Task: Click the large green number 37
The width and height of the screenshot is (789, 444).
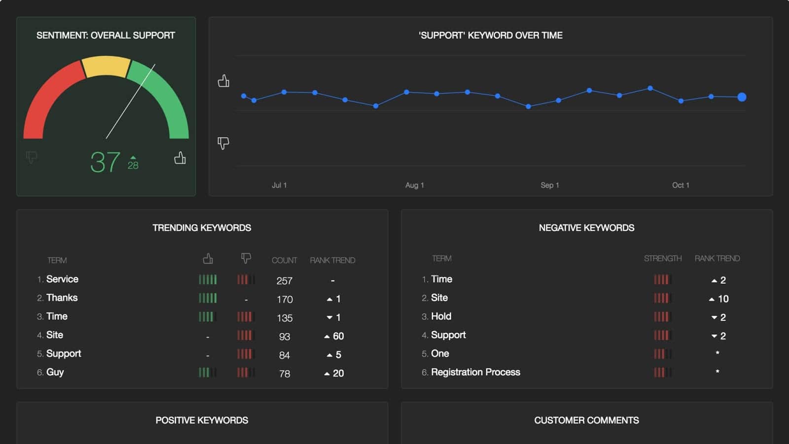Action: [x=105, y=162]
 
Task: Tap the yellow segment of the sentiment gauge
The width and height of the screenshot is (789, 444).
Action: [x=106, y=66]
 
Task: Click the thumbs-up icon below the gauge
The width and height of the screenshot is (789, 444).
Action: [x=180, y=158]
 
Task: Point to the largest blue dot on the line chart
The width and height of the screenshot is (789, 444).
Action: [x=742, y=97]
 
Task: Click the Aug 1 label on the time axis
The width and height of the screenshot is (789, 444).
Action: [x=415, y=185]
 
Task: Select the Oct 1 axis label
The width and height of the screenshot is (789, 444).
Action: [x=681, y=185]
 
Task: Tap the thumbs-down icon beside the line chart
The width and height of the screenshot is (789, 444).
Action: [x=223, y=143]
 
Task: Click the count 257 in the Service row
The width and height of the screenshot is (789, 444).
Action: [x=284, y=281]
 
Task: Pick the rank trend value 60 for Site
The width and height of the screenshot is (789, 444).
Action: [x=338, y=336]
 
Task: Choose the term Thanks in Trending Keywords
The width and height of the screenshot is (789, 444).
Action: [x=62, y=298]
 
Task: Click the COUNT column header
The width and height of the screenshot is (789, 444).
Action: [x=284, y=260]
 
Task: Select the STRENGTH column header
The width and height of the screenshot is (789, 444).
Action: [x=663, y=259]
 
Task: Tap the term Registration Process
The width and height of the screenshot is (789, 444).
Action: [x=475, y=372]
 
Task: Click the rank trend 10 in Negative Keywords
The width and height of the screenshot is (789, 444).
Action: [x=723, y=299]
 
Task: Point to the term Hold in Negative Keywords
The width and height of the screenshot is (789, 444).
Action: [x=441, y=316]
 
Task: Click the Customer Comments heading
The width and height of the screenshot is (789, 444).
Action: [x=586, y=420]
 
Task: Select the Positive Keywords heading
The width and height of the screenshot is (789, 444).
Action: [x=202, y=420]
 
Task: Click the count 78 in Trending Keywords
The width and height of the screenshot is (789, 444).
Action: [x=284, y=373]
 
